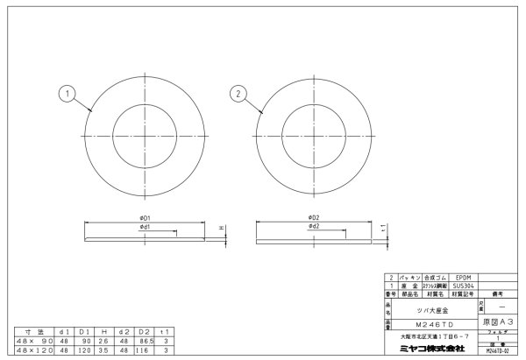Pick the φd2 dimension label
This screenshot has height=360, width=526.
(x=312, y=227)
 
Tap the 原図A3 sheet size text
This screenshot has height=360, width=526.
(x=498, y=322)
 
